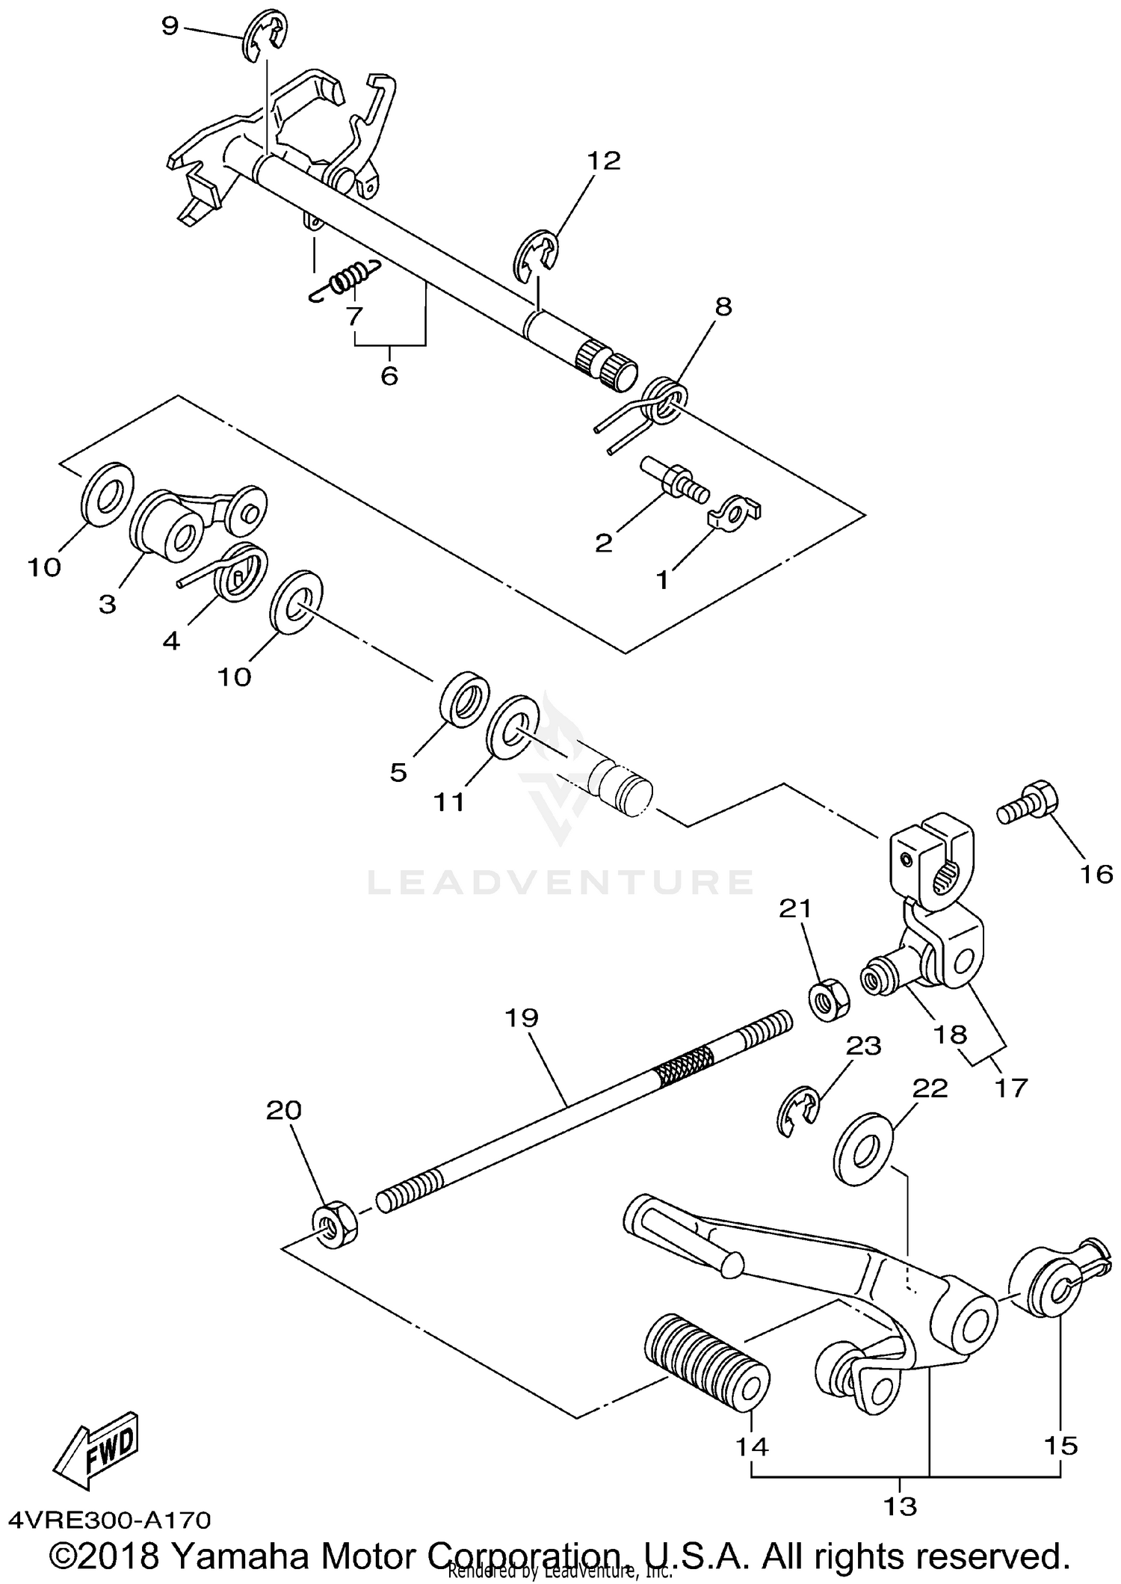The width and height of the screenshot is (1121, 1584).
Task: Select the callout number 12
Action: pyautogui.click(x=604, y=161)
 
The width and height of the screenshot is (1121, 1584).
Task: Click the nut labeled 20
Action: pyautogui.click(x=333, y=1224)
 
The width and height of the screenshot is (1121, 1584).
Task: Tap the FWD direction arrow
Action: pyautogui.click(x=94, y=1448)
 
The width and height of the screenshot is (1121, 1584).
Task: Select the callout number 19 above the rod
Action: pyautogui.click(x=521, y=1017)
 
